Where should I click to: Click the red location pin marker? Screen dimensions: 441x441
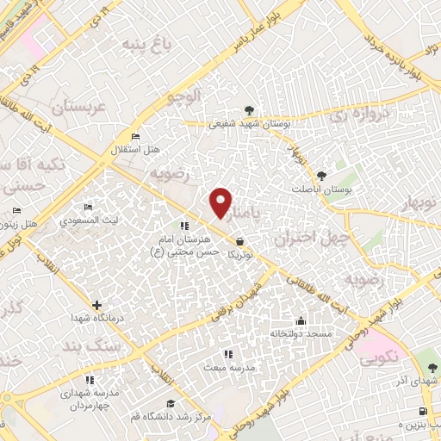tap(220, 202)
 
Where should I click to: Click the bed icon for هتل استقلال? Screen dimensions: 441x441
tap(134, 137)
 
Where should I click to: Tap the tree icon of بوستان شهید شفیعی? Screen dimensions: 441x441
tap(249, 110)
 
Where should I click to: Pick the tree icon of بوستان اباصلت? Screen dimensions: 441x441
tap(322, 175)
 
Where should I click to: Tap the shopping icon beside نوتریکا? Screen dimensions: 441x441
tap(239, 241)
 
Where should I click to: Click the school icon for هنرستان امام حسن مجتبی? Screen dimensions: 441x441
tap(183, 226)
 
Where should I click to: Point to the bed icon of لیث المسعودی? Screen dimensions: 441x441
tap(87, 208)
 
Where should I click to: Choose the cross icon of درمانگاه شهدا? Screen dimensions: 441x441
tap(96, 305)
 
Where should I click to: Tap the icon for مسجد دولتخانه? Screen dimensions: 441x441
tap(300, 319)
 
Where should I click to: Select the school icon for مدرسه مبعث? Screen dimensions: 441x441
tap(227, 354)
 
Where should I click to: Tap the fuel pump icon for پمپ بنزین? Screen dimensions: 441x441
tap(422, 411)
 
